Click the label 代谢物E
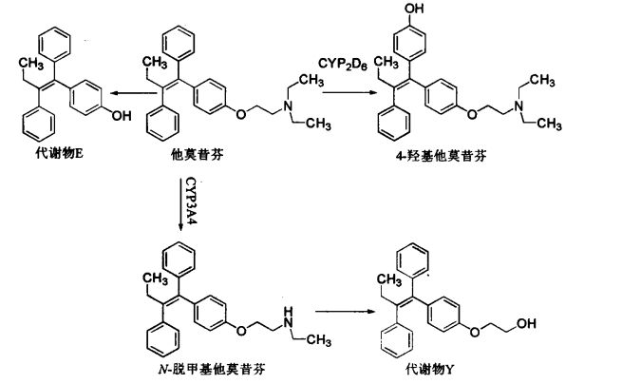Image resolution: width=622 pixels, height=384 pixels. click(60, 154)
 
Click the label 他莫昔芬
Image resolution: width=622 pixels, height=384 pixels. click(198, 154)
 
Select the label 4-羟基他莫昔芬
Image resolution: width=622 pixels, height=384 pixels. click(442, 156)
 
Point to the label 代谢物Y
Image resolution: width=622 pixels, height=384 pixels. click(429, 370)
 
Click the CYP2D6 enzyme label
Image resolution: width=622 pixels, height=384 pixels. click(343, 65)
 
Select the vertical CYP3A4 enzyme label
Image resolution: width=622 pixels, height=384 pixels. click(192, 201)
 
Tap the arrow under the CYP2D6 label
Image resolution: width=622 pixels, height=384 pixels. click(349, 92)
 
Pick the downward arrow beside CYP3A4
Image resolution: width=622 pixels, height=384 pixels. click(180, 203)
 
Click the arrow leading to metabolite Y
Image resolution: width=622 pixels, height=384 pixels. click(345, 311)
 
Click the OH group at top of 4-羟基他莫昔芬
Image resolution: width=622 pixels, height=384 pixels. click(415, 9)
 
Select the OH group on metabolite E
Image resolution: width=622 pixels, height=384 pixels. click(122, 116)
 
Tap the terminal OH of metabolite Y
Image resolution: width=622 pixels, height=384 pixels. click(526, 323)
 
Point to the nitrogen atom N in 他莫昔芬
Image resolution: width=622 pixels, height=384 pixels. click(288, 105)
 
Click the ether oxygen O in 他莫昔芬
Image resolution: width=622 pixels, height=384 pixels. click(241, 114)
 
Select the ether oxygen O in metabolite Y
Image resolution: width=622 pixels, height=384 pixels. click(475, 331)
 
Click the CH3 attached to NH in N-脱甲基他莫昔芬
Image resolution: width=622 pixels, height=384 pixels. click(319, 340)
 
